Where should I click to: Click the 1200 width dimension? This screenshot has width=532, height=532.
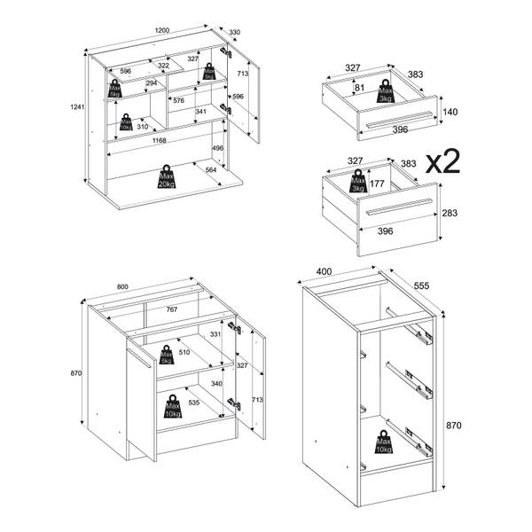coord(162,30)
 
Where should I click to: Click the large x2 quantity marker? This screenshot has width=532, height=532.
coord(443,161)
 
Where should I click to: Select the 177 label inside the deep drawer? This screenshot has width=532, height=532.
coord(376,184)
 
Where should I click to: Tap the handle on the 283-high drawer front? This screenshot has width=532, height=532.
coord(396,208)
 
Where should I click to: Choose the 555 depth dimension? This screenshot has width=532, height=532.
coord(420,286)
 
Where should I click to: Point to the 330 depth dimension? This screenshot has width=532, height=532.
coord(234,33)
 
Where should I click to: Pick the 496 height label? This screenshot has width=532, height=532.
coord(217,148)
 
